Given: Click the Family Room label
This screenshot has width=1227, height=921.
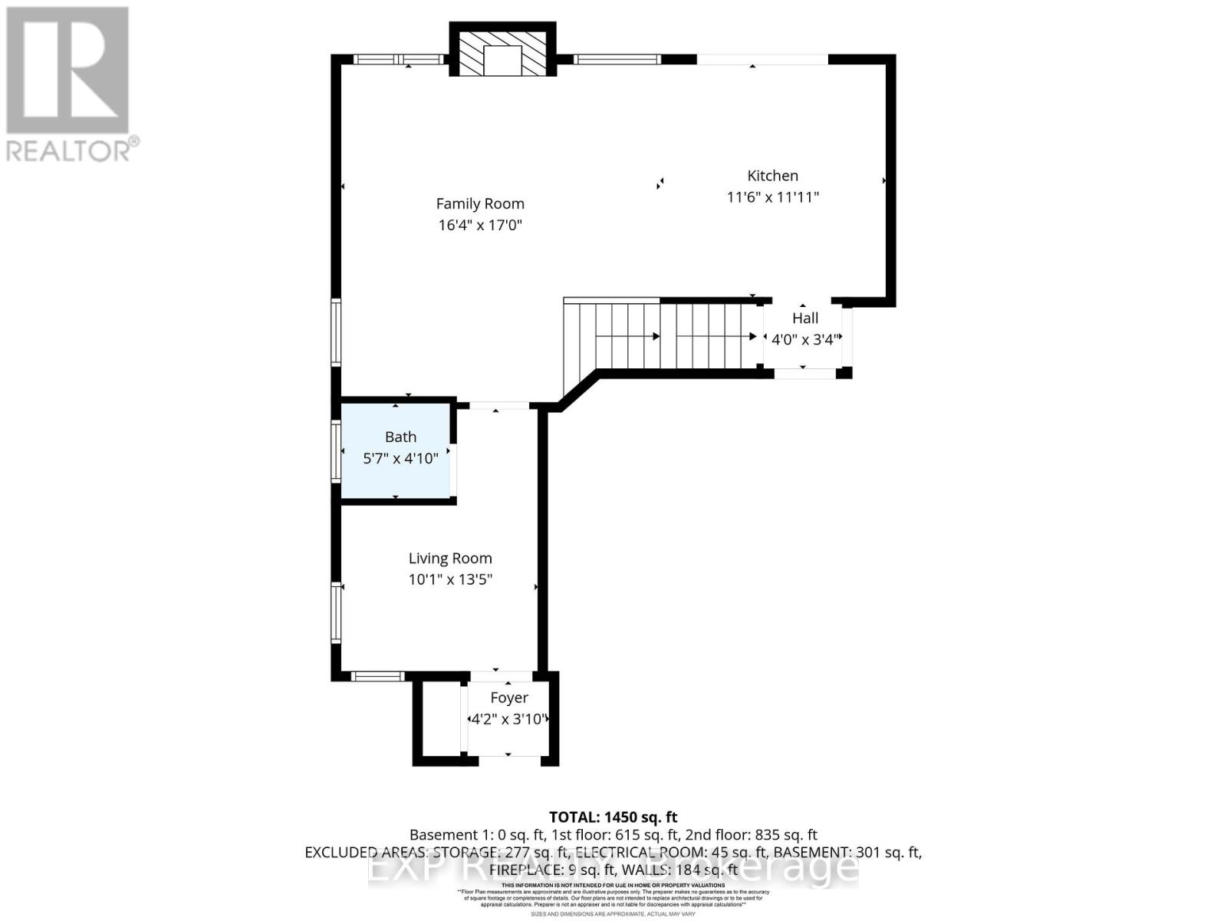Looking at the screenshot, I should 480,203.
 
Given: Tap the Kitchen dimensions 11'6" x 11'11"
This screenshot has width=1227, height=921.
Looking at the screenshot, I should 772,197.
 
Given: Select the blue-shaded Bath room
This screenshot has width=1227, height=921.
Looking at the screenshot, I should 396,476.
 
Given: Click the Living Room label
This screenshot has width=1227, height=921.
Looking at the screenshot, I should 450,559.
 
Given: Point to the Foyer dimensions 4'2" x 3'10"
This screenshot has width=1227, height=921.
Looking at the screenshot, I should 508,720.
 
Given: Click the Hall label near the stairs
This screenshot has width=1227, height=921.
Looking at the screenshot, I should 805,318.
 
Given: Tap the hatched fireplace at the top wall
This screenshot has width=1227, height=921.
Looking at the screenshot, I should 502,51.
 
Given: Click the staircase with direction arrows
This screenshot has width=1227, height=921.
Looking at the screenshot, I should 660,336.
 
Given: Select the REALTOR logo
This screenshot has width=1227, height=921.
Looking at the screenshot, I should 69,84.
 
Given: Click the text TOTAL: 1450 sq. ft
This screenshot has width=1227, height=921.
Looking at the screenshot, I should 613,817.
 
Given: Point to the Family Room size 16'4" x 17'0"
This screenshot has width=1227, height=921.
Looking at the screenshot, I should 480,225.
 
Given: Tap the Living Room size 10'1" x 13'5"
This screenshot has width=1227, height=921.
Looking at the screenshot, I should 450,579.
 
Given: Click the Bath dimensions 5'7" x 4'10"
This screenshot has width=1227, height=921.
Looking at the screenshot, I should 400,459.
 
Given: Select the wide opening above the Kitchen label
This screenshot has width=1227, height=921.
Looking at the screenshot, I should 762,59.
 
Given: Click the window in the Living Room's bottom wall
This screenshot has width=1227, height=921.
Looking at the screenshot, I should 377,676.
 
